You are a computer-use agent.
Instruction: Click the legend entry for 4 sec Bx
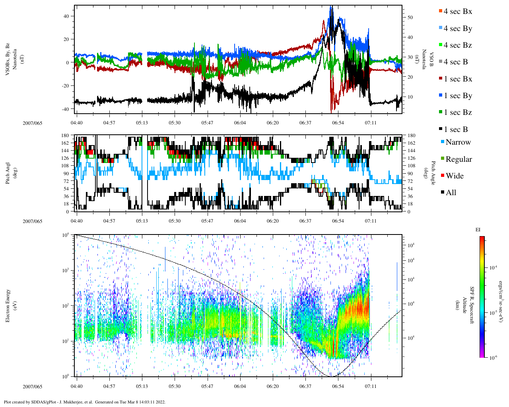[457, 12]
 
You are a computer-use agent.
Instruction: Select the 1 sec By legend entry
[457, 96]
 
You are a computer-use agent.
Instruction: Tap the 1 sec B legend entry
[456, 130]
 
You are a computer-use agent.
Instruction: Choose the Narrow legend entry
[458, 142]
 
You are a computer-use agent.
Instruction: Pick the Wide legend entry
[454, 176]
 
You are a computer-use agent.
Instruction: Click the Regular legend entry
[458, 159]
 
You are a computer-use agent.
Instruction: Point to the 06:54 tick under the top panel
[338, 123]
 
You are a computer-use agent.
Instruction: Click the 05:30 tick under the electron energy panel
[175, 386]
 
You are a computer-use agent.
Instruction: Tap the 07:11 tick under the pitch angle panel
[371, 221]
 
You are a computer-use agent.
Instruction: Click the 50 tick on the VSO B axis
[410, 17]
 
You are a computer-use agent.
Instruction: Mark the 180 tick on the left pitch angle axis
[65, 136]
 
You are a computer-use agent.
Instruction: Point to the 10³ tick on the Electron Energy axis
[66, 270]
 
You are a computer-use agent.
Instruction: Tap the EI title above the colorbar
[478, 230]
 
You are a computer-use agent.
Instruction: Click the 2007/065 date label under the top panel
[32, 123]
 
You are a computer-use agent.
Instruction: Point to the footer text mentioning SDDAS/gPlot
[84, 402]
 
